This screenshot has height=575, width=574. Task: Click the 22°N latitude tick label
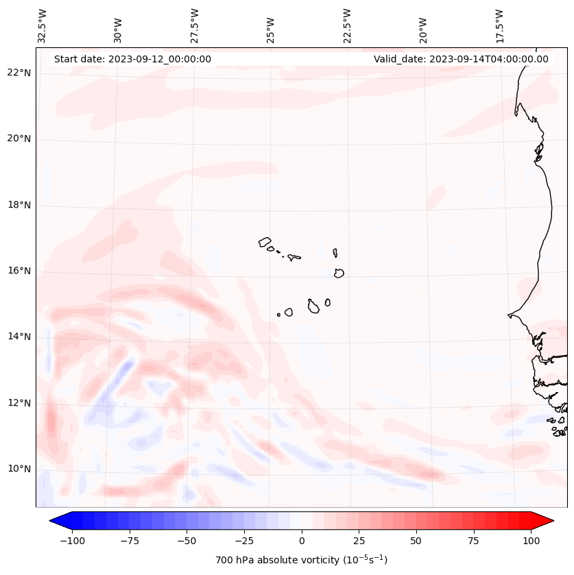[19, 73]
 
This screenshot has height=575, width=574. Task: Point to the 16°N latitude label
[19, 271]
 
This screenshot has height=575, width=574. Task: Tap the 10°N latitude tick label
[19, 469]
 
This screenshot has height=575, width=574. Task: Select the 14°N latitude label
[19, 337]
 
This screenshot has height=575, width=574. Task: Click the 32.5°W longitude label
[43, 26]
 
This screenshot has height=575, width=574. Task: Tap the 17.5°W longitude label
[499, 26]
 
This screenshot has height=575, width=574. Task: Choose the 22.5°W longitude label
[347, 26]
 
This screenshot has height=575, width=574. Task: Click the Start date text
[132, 59]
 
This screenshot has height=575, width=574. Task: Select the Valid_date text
[461, 59]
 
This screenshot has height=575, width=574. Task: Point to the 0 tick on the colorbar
[302, 541]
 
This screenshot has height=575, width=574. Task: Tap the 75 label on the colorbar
[473, 541]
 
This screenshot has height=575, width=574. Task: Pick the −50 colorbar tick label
[187, 541]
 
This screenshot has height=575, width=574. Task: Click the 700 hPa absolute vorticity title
[301, 560]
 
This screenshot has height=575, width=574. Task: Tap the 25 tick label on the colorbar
[359, 541]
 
